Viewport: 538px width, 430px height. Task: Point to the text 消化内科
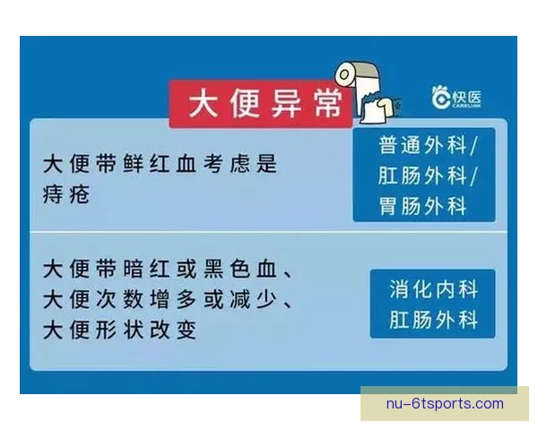433,288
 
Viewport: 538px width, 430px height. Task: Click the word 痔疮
66,193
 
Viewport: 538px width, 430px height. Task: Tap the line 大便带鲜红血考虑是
161,165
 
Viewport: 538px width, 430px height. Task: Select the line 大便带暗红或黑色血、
170,270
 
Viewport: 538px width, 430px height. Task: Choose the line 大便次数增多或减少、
170,300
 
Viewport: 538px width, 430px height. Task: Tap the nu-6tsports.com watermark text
445,404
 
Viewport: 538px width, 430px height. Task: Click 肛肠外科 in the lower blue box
433,320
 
